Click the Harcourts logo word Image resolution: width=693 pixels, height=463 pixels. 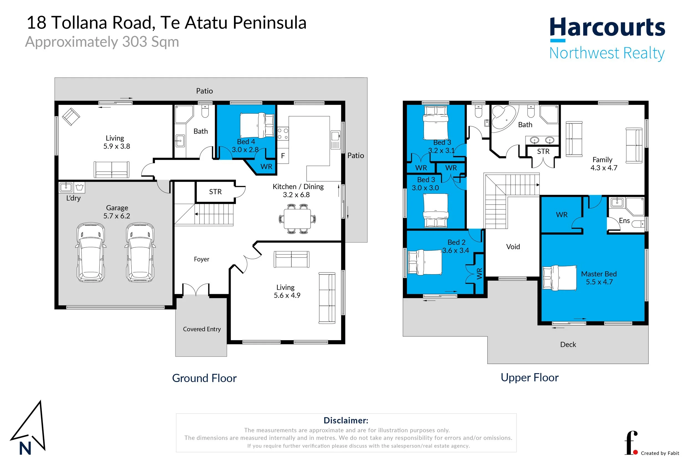tap(607, 27)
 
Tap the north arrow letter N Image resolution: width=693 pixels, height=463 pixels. tap(25, 448)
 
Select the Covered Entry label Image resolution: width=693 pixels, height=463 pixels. tap(202, 329)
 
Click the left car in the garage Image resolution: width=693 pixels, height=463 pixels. tap(91, 253)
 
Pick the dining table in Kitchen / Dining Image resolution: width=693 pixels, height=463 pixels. tap(297, 218)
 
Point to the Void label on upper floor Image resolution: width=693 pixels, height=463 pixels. tap(513, 246)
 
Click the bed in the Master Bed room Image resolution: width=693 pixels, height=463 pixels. tap(560, 278)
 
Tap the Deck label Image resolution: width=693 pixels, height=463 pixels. tap(568, 344)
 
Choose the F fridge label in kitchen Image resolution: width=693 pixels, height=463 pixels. tap(283, 156)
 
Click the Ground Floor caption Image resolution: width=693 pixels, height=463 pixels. tap(204, 378)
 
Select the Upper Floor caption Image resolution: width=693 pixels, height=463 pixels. tap(529, 378)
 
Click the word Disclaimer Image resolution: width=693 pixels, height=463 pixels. tap(346, 420)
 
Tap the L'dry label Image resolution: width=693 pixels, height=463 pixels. tap(73, 198)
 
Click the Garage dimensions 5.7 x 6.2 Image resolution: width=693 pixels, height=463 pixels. tap(117, 216)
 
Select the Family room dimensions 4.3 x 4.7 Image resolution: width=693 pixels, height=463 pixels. tap(603, 168)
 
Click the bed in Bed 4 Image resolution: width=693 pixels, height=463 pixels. tap(257, 125)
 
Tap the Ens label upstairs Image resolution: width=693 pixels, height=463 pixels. tap(624, 221)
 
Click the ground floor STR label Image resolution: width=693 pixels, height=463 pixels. tap(215, 192)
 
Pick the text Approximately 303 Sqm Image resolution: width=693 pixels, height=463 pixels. tap(102, 42)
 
